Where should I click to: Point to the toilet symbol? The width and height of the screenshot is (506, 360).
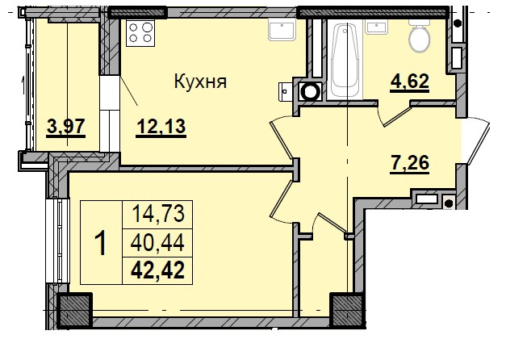[x=420, y=36]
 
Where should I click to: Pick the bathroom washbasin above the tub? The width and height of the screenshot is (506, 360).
[x=378, y=27]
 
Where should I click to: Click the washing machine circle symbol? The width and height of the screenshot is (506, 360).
[x=309, y=91]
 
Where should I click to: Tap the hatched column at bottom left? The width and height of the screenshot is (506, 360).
[x=74, y=311]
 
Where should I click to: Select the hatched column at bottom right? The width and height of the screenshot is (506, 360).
[x=348, y=310]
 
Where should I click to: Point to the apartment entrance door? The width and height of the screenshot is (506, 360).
[x=476, y=145]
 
